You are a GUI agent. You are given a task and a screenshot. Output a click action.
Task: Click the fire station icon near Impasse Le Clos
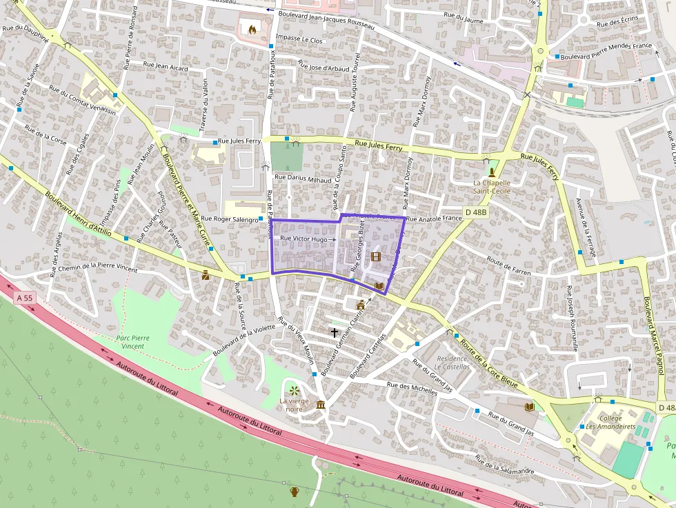(251, 30)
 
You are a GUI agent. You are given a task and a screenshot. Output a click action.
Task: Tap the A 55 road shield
(24, 298)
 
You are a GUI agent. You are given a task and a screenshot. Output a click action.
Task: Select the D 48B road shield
(476, 213)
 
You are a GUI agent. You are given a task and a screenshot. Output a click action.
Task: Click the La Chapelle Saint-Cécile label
(492, 186)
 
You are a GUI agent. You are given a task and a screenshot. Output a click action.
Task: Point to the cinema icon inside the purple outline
(375, 257)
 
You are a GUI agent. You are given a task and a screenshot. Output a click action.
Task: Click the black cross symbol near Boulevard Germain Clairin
(335, 333)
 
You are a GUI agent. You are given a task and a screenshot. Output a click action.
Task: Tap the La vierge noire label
(290, 405)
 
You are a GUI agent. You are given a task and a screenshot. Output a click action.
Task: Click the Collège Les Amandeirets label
(601, 422)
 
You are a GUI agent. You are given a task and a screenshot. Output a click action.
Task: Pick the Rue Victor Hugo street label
(304, 238)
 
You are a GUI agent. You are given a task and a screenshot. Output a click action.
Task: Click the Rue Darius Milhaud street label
(303, 178)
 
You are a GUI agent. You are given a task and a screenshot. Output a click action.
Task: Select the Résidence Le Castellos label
(453, 363)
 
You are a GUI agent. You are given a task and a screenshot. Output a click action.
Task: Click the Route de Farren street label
(508, 267)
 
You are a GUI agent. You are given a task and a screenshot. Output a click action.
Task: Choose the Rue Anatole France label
(434, 219)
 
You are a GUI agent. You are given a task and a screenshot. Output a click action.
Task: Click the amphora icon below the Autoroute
(295, 491)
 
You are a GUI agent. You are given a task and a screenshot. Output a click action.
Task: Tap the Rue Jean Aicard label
(166, 67)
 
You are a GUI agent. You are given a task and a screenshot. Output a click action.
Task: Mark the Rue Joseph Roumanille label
(572, 318)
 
